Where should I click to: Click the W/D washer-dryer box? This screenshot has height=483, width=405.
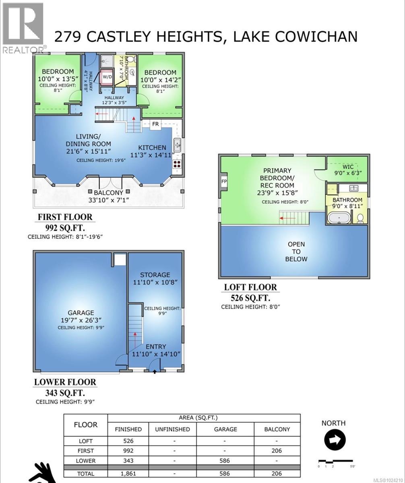point(107,76)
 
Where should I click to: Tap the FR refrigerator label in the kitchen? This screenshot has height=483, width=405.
point(155,124)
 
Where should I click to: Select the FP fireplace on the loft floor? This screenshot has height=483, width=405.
point(224,181)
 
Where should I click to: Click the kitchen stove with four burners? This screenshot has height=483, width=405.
point(177,164)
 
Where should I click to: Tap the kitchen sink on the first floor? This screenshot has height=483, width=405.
point(177,144)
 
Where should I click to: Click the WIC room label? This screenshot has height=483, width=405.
point(347,166)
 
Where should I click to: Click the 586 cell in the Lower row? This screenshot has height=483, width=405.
point(225,460)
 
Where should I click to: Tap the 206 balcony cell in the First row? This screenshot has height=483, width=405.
point(277,451)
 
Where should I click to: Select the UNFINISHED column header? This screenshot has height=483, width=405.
point(172,429)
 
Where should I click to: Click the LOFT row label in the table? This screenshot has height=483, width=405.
point(85,441)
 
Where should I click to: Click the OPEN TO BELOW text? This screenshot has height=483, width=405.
point(296,252)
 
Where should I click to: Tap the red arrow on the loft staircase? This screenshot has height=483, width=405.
point(287,219)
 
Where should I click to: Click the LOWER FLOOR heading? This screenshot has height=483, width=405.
point(65,382)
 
